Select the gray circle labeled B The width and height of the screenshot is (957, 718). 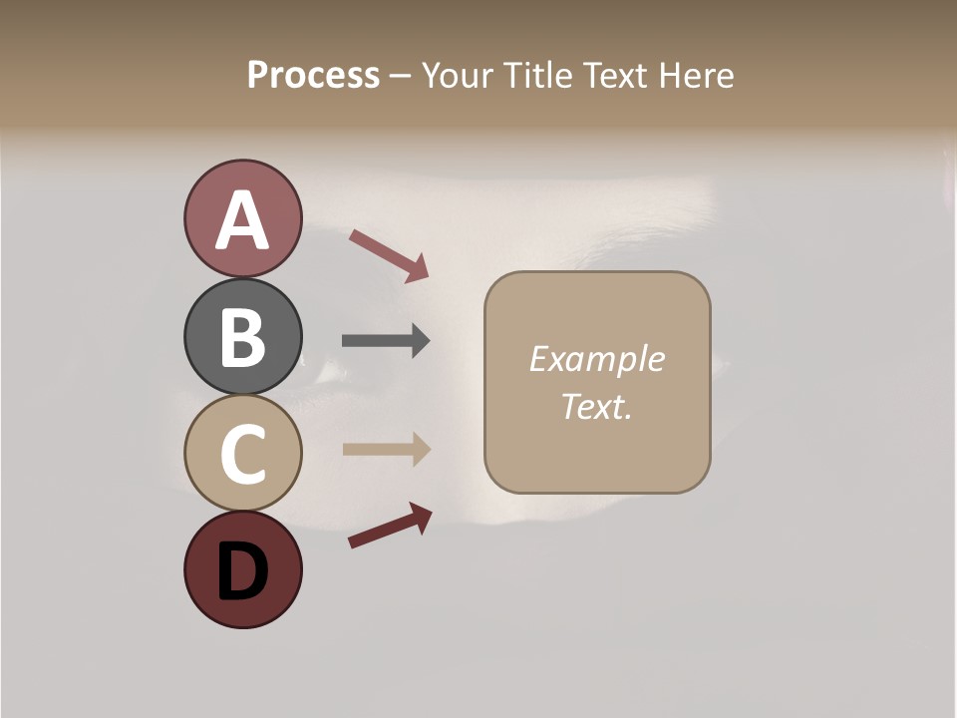(x=242, y=337)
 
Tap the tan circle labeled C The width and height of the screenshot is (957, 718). (x=242, y=454)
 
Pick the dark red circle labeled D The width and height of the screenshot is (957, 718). (x=242, y=570)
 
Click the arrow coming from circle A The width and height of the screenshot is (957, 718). (x=389, y=255)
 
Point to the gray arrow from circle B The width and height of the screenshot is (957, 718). (x=386, y=341)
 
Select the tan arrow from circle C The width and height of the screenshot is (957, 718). (x=386, y=449)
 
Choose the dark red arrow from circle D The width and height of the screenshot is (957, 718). (x=390, y=526)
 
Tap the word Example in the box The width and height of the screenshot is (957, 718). (x=596, y=359)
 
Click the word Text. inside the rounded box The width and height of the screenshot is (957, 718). (x=596, y=406)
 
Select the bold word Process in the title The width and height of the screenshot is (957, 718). (x=313, y=75)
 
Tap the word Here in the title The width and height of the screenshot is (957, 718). (x=698, y=75)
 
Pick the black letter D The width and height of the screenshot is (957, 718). (x=242, y=572)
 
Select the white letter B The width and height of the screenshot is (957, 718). (x=242, y=337)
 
